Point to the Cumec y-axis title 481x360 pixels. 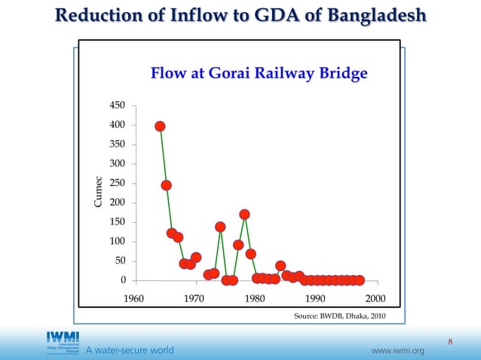click(97, 193)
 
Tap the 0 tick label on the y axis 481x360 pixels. click(122, 280)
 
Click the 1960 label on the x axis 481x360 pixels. click(133, 298)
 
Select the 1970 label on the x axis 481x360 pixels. click(194, 298)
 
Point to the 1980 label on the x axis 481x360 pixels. click(254, 298)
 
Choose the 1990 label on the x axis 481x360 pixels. click(315, 298)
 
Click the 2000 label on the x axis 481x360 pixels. click(375, 298)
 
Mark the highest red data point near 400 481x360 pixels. click(161, 127)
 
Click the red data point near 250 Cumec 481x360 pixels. click(167, 185)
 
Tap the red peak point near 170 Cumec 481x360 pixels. click(245, 215)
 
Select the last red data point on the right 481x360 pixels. click(360, 280)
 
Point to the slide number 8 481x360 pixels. click(450, 343)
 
